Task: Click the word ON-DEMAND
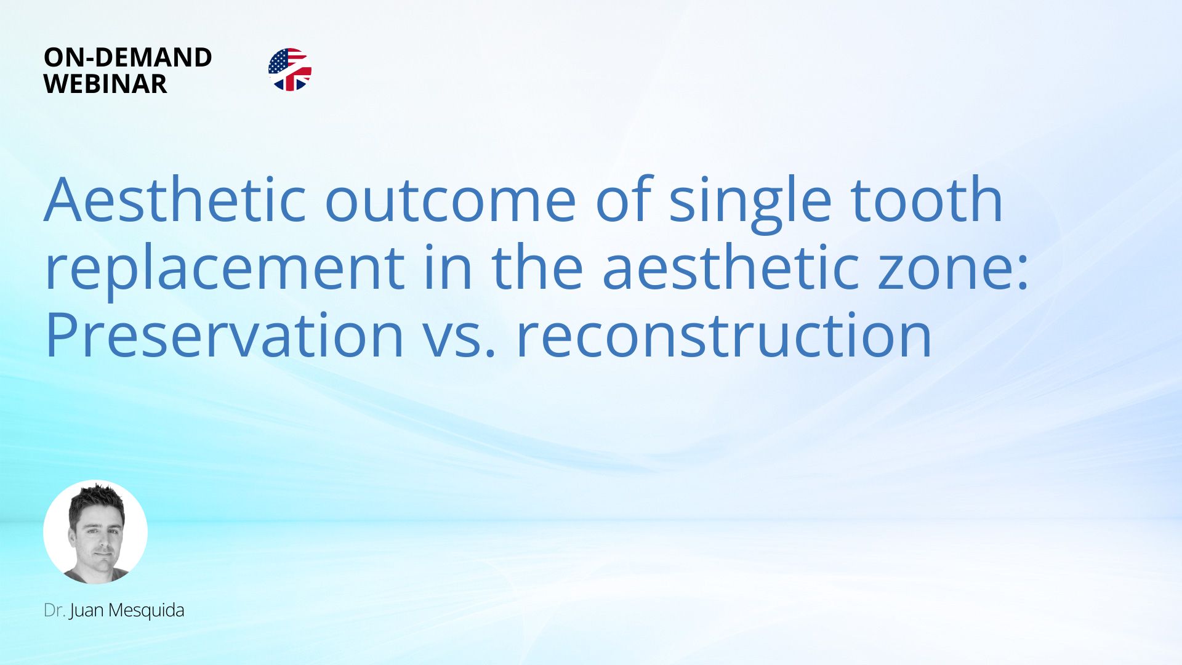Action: click(x=128, y=57)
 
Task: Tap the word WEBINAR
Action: click(x=105, y=84)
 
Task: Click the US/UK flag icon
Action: click(x=290, y=70)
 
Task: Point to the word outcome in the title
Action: click(x=450, y=201)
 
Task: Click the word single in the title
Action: click(x=750, y=203)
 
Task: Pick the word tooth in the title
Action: click(x=927, y=199)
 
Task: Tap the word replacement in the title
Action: click(x=225, y=268)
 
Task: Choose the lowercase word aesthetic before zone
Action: click(x=730, y=267)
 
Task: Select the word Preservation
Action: click(x=224, y=336)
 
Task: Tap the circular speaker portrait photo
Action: click(x=95, y=532)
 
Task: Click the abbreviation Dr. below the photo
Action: click(x=54, y=610)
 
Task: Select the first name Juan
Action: click(x=86, y=611)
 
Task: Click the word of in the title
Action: click(x=622, y=199)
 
